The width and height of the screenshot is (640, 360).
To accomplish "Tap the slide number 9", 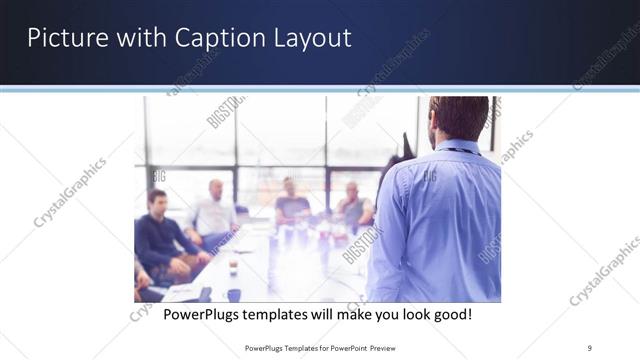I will point(590,347).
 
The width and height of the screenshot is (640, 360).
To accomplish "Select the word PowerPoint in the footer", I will point(344,347).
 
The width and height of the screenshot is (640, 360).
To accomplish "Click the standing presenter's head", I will point(458,117).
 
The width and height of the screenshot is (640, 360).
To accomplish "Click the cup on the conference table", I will point(233,267).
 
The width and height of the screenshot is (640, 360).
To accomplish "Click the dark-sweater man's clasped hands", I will point(190,261).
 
